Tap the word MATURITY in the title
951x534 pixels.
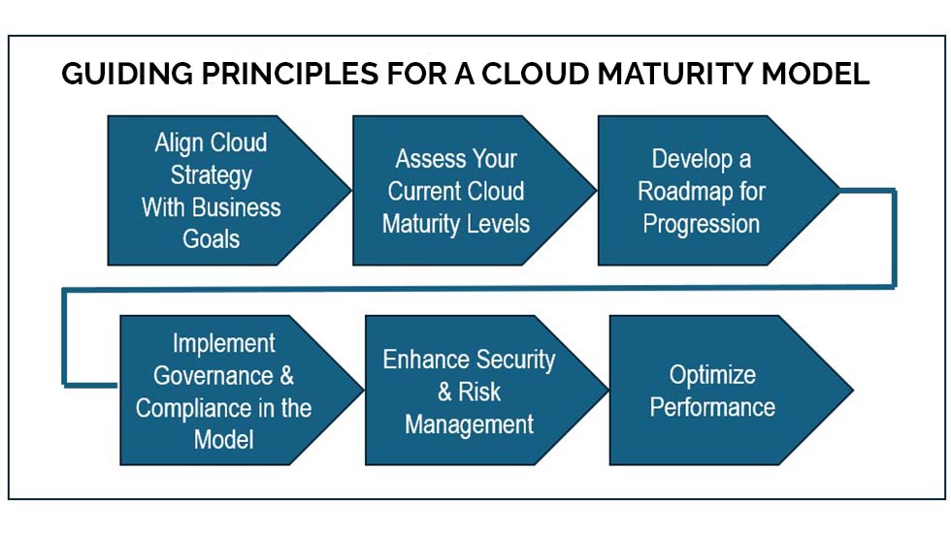pos(674,74)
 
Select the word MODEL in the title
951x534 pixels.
pos(816,74)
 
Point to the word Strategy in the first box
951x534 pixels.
pos(212,175)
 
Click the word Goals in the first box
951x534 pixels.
pos(212,239)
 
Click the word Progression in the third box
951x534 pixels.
pos(701,225)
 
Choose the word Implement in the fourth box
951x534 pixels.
pos(224,344)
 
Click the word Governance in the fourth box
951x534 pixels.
pos(213,376)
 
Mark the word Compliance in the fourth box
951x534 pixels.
pos(194,409)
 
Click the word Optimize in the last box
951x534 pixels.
pos(712,375)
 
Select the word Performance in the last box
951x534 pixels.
pos(712,407)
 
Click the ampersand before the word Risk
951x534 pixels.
pos(445,393)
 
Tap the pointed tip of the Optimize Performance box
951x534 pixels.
pos(853,391)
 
